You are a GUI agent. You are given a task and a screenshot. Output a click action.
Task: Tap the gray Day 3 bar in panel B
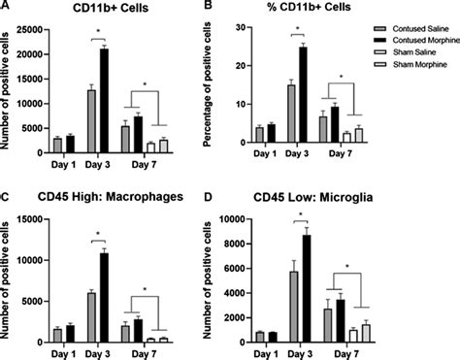pyautogui.click(x=290, y=117)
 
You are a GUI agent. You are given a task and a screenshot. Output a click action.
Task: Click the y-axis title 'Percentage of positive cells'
pyautogui.click(x=210, y=87)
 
